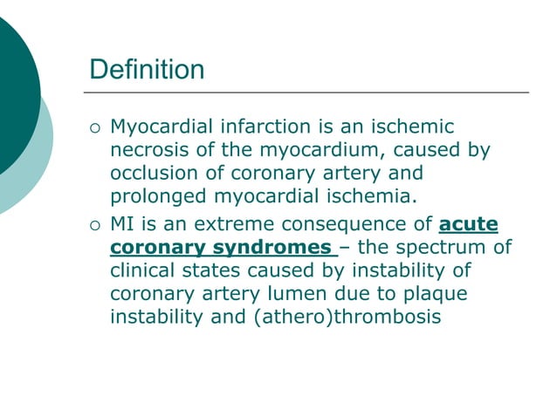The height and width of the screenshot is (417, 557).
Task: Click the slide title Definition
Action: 148,69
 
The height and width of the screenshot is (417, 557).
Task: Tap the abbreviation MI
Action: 123,224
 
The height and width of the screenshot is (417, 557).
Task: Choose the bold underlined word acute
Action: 469,224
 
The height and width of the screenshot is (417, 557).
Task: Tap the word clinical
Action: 142,270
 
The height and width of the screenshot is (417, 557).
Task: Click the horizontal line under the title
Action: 306,92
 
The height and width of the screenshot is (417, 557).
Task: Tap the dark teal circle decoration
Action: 13,96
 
